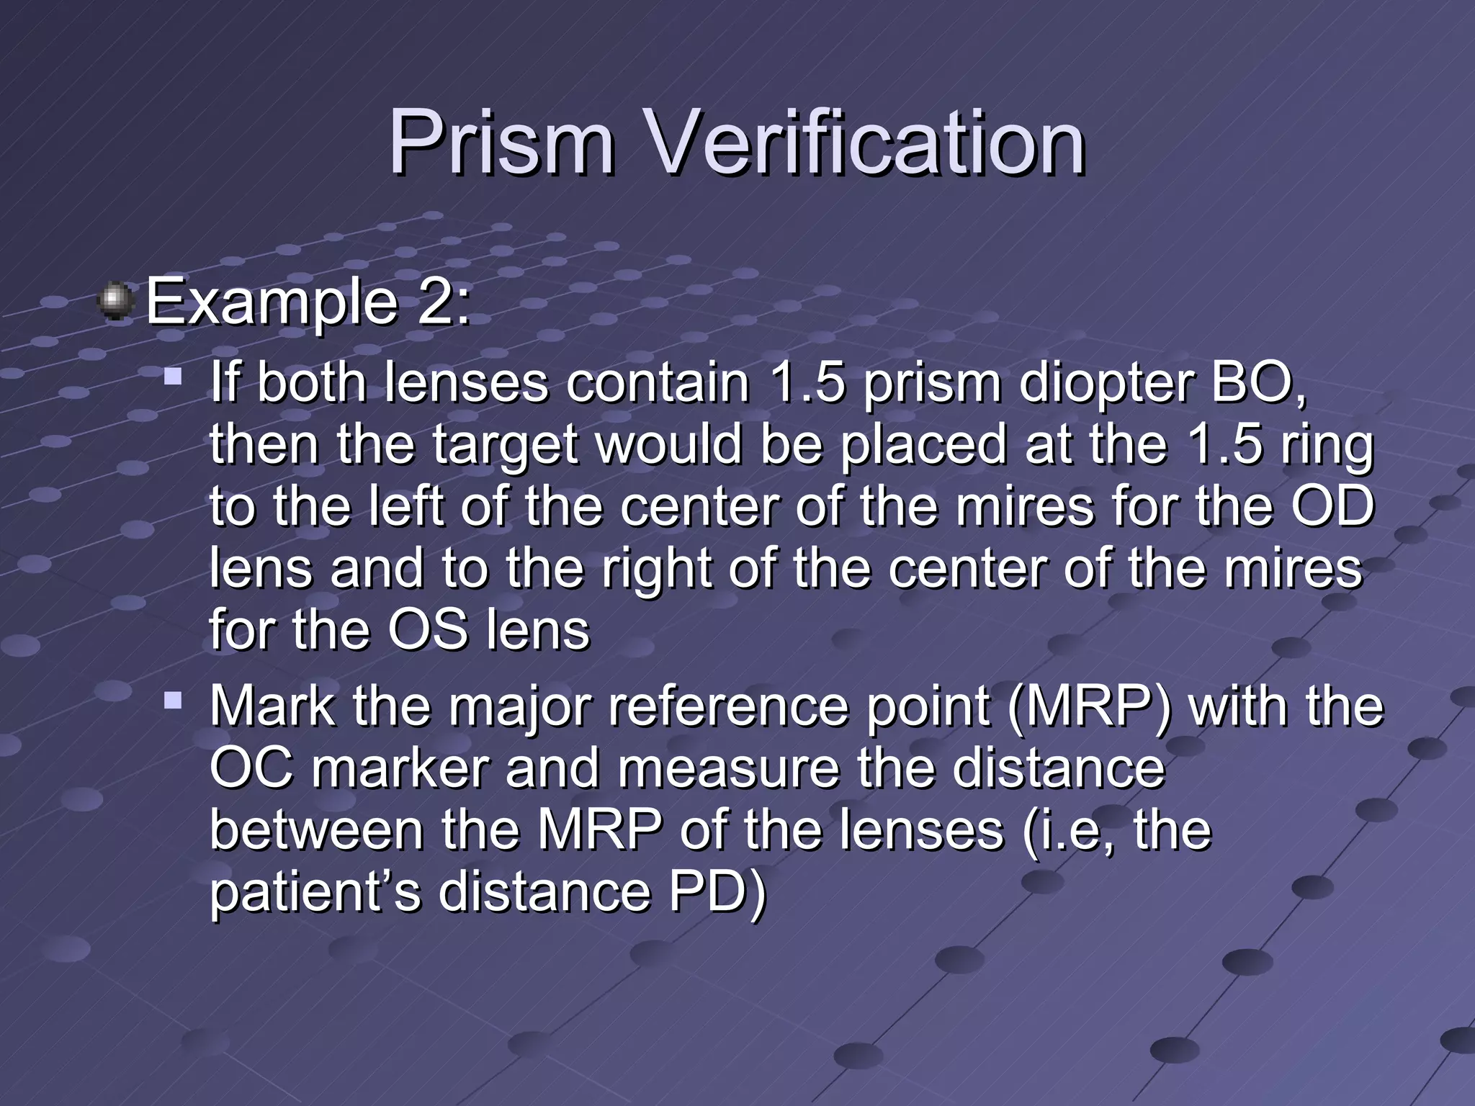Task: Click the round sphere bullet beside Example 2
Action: [x=115, y=301]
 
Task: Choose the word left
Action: [x=406, y=506]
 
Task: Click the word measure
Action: [x=728, y=768]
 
